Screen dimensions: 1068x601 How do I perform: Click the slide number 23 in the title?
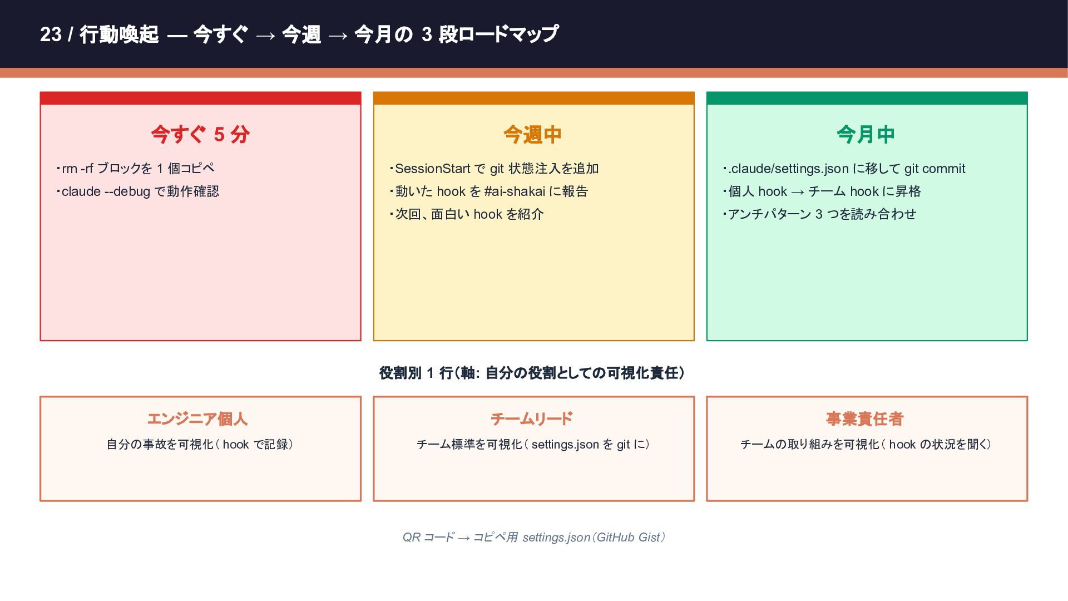[51, 35]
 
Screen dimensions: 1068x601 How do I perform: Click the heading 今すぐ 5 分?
[200, 134]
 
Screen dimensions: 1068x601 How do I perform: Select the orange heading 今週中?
[532, 134]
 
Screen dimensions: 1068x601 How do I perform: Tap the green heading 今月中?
[866, 134]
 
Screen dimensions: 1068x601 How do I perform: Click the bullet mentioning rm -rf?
[137, 169]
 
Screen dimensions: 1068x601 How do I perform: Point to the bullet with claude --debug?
[140, 191]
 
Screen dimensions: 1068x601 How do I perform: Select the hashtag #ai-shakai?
[515, 191]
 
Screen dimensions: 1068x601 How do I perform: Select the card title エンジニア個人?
[197, 418]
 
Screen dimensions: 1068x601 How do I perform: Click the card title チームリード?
[531, 418]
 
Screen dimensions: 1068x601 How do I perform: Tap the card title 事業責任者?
[864, 418]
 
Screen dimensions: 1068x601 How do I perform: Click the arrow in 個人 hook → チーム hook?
[797, 192]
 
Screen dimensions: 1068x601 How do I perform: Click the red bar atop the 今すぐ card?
[200, 98]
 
